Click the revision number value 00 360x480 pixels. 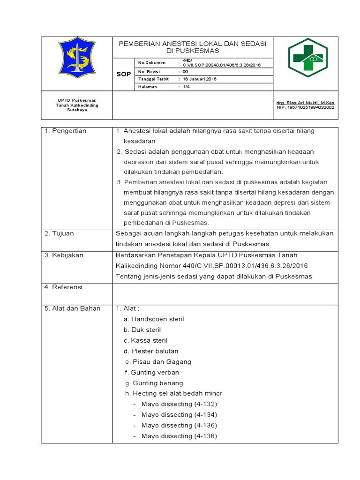click(x=185, y=71)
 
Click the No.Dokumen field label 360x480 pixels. click(x=150, y=62)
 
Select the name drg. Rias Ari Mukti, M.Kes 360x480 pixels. click(x=305, y=103)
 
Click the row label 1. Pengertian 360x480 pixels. click(x=65, y=131)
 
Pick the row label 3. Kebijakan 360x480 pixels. click(x=64, y=255)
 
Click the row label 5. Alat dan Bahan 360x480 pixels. click(x=72, y=308)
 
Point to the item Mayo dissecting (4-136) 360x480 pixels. click(x=179, y=426)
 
